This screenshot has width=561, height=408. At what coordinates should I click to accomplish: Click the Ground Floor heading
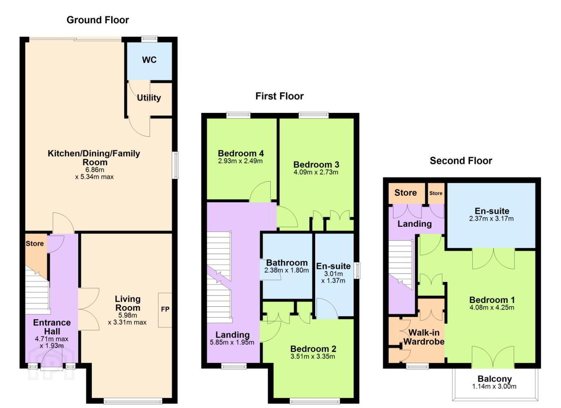pyautogui.click(x=98, y=20)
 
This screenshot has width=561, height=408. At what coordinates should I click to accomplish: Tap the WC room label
pyautogui.click(x=149, y=60)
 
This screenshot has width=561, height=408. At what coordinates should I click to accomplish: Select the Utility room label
pyautogui.click(x=149, y=97)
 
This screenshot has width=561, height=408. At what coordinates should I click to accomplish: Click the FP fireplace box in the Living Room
pyautogui.click(x=165, y=310)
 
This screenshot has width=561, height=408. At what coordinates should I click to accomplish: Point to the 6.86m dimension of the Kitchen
pyautogui.click(x=95, y=170)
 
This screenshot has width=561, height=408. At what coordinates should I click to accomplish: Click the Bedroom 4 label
pyautogui.click(x=241, y=153)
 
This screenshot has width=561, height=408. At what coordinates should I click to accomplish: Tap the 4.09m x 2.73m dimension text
pyautogui.click(x=316, y=172)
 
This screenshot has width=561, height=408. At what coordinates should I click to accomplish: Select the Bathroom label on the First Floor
pyautogui.click(x=287, y=263)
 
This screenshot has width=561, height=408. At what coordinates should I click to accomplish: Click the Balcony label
pyautogui.click(x=494, y=379)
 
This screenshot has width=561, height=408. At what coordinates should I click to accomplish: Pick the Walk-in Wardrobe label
pyautogui.click(x=424, y=337)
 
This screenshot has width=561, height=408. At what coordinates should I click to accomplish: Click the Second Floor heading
pyautogui.click(x=461, y=161)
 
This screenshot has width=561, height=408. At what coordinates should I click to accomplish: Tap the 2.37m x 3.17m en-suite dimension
pyautogui.click(x=491, y=218)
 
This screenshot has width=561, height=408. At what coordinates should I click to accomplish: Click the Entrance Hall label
pyautogui.click(x=52, y=327)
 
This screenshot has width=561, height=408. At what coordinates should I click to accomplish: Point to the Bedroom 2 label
pyautogui.click(x=313, y=349)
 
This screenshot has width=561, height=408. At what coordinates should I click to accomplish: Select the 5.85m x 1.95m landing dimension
pyautogui.click(x=232, y=342)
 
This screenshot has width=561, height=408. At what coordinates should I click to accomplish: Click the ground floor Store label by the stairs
pyautogui.click(x=34, y=244)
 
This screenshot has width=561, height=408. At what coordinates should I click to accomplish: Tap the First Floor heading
pyautogui.click(x=279, y=96)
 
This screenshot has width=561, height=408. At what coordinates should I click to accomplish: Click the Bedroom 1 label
pyautogui.click(x=492, y=300)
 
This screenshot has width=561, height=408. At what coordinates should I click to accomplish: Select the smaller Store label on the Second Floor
pyautogui.click(x=436, y=193)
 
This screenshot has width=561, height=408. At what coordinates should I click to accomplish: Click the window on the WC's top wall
pyautogui.click(x=149, y=39)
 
